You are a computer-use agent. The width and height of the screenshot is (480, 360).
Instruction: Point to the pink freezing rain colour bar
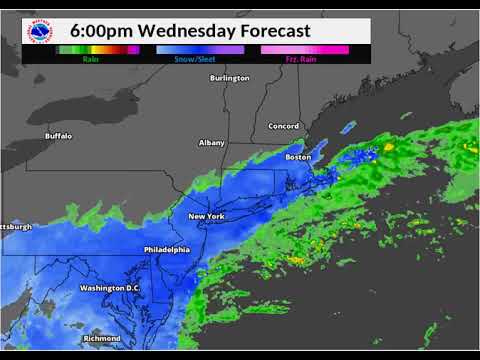(304, 49)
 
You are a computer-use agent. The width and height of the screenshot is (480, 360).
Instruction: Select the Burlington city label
(229, 78)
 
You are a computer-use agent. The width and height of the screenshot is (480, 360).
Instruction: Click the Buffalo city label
(59, 135)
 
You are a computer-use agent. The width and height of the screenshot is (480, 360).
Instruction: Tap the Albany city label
(212, 143)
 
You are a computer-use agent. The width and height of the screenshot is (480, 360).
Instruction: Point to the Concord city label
(285, 126)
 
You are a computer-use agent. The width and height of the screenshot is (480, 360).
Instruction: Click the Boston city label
(299, 157)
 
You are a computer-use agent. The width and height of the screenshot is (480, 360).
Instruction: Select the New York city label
(206, 217)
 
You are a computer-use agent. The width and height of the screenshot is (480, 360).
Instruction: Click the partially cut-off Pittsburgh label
(17, 227)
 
